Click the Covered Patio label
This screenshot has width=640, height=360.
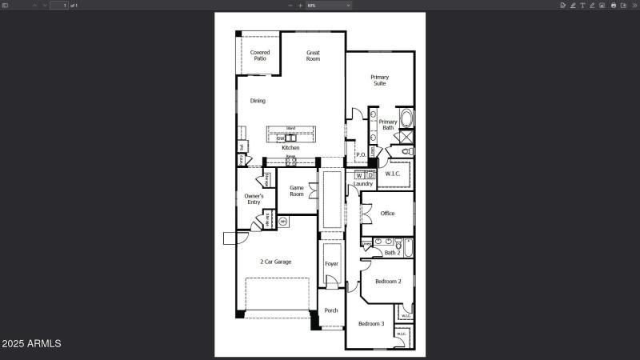(x=259, y=55)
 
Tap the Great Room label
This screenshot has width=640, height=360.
(x=313, y=55)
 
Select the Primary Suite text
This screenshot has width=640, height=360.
(x=379, y=80)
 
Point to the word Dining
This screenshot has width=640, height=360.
(x=258, y=101)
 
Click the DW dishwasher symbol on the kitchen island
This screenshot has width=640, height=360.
(x=281, y=138)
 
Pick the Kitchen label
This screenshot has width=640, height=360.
(x=290, y=148)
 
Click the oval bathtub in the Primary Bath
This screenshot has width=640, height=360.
(x=406, y=120)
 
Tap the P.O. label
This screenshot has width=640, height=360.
(x=361, y=155)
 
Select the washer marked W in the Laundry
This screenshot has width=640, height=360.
(x=359, y=175)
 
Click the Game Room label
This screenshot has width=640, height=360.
(x=297, y=190)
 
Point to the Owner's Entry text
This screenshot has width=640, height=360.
(x=254, y=198)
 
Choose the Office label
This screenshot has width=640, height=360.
(x=387, y=214)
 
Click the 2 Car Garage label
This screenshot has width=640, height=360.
(x=275, y=262)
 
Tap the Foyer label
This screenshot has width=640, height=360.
(x=331, y=264)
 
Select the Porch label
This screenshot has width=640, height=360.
(x=331, y=310)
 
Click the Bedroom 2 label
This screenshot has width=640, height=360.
(x=388, y=282)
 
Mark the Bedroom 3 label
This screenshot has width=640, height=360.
(x=370, y=323)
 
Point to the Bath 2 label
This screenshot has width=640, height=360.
(x=391, y=253)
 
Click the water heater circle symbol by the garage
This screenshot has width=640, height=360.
(x=282, y=221)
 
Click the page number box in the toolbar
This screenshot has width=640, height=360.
(x=59, y=5)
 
